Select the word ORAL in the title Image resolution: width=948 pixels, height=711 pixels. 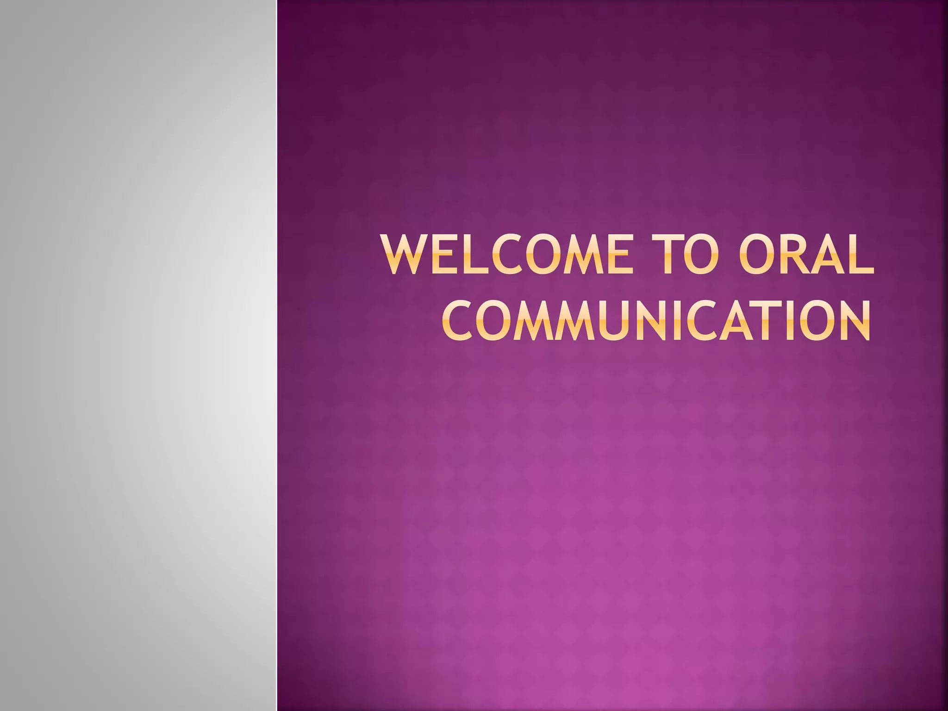coord(806,255)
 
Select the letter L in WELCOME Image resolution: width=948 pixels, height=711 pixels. coord(477,255)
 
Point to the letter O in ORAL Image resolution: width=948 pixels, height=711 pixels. coord(756,255)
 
